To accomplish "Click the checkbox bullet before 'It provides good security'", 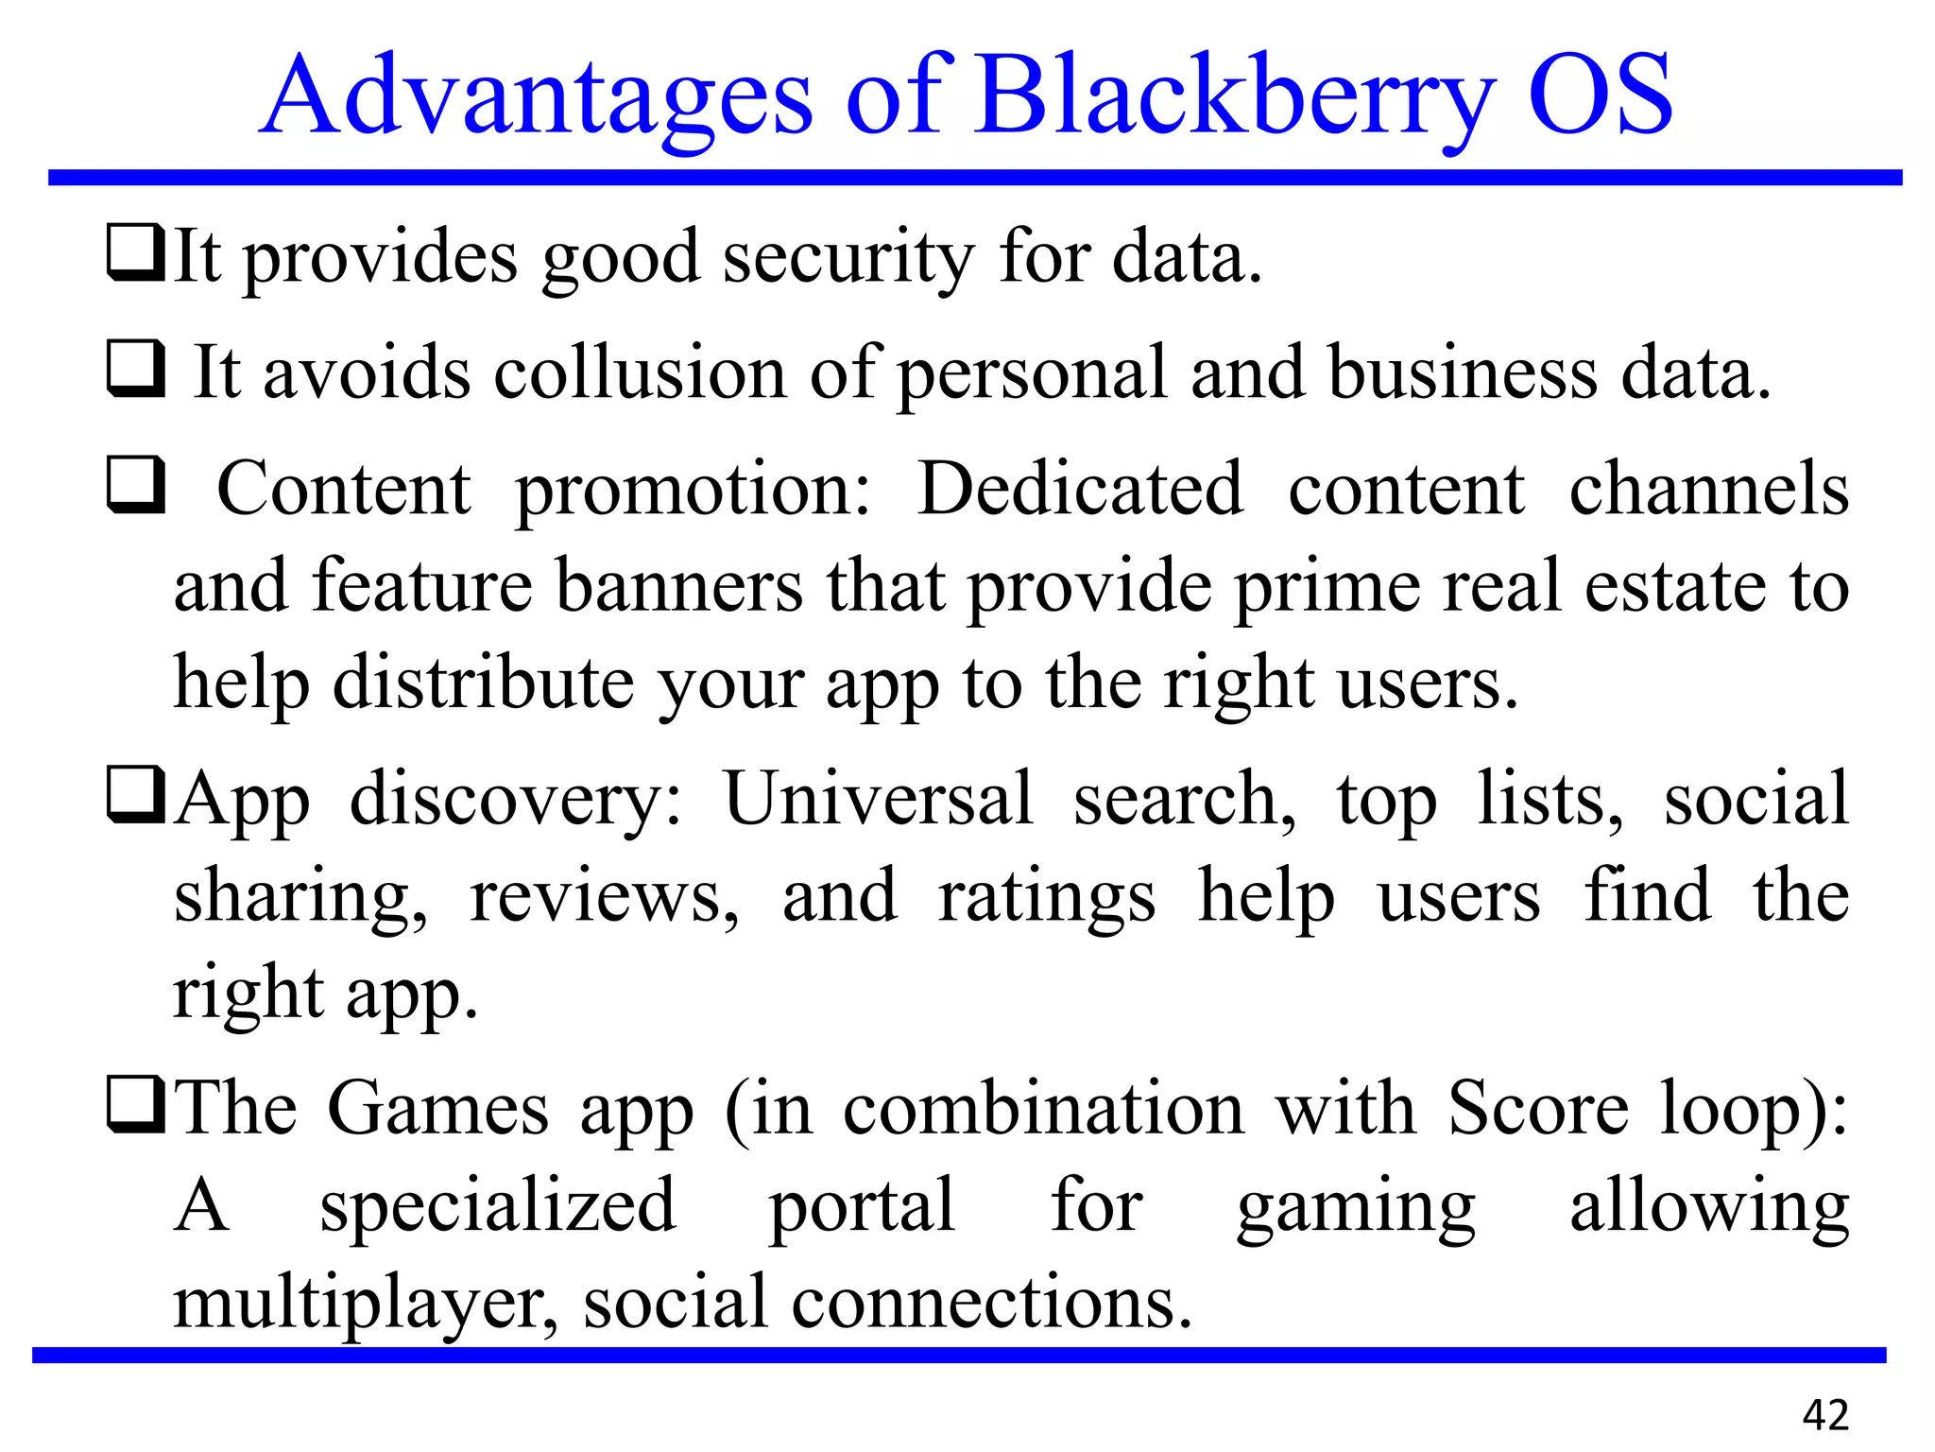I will tap(136, 253).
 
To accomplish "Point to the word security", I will tap(848, 257).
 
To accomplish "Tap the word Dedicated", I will tap(1080, 489).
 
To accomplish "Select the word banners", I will tap(678, 586).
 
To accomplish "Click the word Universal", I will tap(878, 799).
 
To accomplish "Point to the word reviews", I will tap(604, 896).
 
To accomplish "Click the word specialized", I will tap(498, 1206).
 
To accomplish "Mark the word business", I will tap(1463, 372).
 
